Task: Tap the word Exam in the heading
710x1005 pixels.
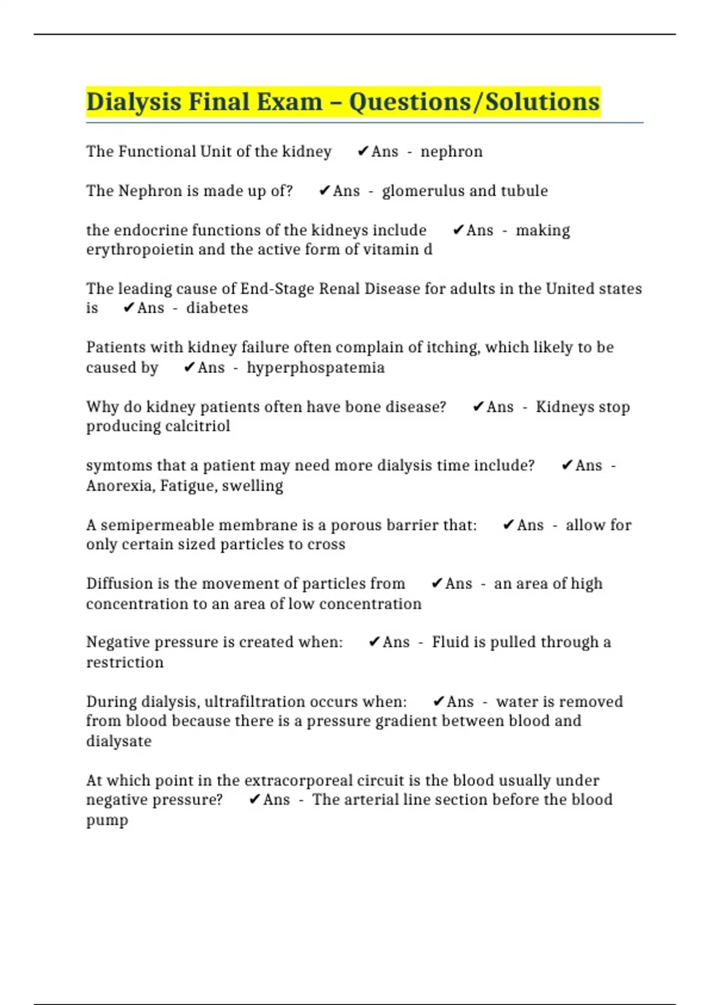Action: pos(289,102)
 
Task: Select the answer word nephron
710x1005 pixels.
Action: pos(451,152)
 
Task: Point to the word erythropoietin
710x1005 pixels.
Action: pos(140,249)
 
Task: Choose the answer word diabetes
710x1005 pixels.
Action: pos(217,308)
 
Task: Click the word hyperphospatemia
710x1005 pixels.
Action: pos(315,368)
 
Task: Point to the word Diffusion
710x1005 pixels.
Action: pos(120,583)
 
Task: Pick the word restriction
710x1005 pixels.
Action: pos(125,662)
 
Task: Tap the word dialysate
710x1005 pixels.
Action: pos(119,741)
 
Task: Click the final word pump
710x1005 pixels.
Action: pos(107,821)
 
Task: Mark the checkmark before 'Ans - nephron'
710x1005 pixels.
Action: pos(363,152)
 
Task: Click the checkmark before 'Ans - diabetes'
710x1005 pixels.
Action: pos(129,308)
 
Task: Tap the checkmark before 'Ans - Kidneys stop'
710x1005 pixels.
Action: pos(479,407)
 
